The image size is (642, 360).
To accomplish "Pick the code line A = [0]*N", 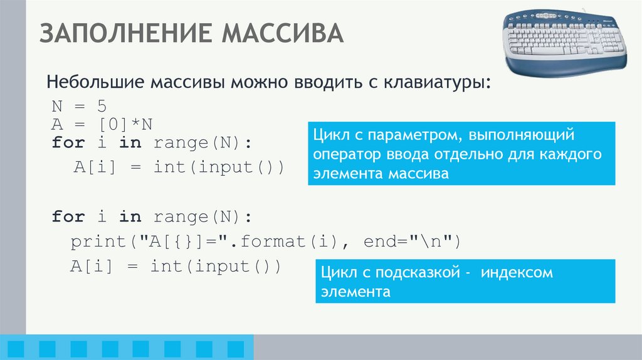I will (103, 123).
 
